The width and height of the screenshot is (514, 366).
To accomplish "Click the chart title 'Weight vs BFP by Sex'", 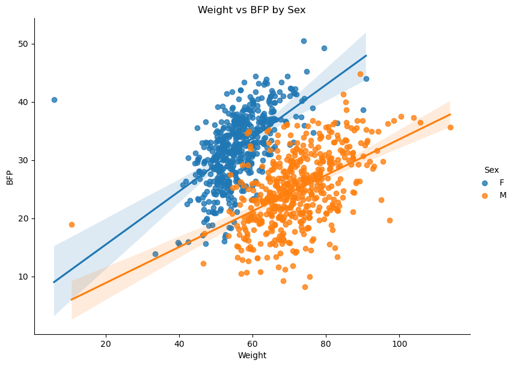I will [252, 10].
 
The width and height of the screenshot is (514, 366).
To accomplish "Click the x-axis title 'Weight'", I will [252, 355].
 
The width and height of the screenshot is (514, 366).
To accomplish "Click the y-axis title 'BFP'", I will [10, 176].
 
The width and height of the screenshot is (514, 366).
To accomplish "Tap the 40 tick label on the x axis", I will [179, 343].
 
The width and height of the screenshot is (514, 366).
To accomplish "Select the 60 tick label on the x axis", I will [252, 343].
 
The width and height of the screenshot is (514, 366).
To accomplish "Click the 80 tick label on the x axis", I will [326, 343].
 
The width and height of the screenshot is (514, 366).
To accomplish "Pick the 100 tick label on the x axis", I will [399, 343].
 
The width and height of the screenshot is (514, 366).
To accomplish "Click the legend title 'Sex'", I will [491, 170].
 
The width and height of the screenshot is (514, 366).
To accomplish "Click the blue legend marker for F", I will [485, 182].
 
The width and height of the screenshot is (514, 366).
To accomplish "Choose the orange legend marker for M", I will [485, 195].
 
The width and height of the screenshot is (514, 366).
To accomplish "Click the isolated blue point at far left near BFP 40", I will [54, 100].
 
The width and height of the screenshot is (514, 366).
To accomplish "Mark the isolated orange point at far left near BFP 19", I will [72, 224].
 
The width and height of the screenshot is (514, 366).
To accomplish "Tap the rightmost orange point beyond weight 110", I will [450, 127].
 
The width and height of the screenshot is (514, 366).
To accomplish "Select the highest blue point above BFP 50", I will [304, 41].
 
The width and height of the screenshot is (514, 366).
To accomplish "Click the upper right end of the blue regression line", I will [366, 56].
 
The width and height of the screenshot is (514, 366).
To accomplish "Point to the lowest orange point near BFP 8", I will [305, 287].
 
